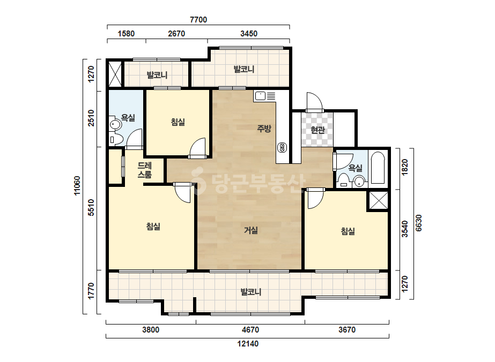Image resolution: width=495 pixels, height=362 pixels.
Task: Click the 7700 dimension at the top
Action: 198,20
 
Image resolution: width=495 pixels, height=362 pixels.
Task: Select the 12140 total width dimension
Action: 248,344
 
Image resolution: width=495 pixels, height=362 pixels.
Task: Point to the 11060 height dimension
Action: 77,186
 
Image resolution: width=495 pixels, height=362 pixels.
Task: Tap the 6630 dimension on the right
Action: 418,223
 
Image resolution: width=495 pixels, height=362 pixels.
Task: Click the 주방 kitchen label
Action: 264,129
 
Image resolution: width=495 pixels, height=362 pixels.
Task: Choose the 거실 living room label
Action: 251,230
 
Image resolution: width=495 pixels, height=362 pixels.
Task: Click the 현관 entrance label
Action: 317,130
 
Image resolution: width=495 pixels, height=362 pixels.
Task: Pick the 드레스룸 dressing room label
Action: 145,170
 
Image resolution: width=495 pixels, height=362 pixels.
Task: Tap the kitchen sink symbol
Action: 260,95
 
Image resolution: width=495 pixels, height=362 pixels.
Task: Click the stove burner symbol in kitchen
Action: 282,147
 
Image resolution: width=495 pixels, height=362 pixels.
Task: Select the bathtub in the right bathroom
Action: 378,168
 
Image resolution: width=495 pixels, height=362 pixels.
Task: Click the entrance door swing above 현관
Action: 315,102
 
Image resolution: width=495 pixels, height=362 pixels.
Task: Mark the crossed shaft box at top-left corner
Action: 115,74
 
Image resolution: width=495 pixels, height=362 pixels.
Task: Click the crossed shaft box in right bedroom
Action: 379,200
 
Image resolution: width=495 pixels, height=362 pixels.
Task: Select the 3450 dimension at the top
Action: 249,33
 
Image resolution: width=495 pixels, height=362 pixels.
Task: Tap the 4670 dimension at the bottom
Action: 250,330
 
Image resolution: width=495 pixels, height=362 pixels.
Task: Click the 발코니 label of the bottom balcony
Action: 251,292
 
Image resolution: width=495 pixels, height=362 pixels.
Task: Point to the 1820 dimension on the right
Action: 404,167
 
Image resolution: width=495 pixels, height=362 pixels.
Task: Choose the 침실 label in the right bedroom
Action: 348,231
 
